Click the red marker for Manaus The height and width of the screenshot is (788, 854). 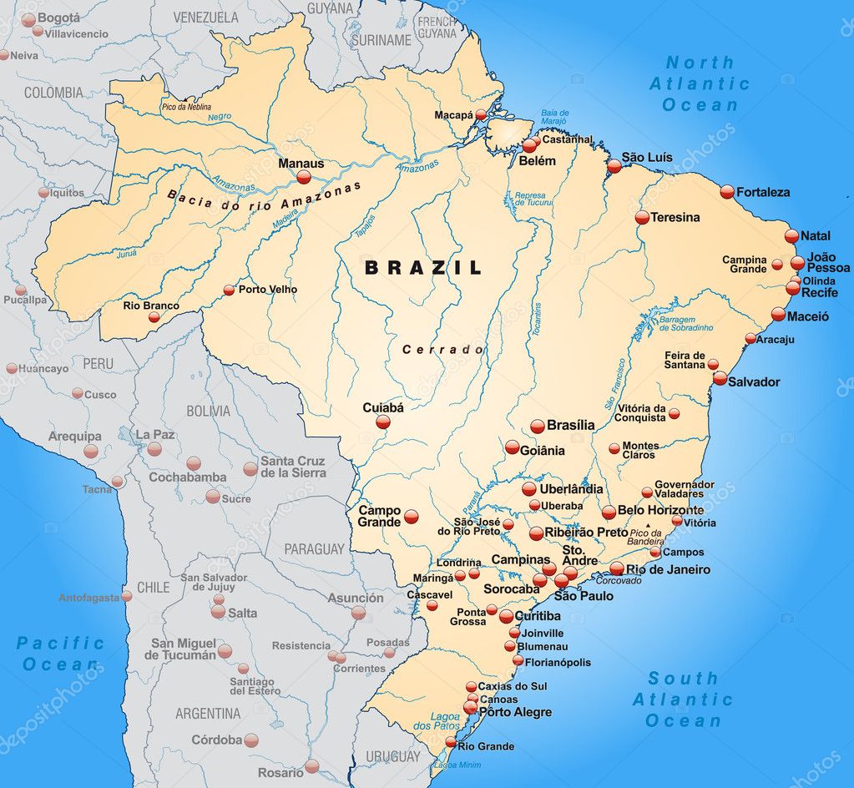(304, 177)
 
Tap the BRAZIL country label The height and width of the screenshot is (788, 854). (423, 268)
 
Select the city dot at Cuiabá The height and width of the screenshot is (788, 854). (382, 422)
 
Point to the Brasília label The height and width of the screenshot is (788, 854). (571, 425)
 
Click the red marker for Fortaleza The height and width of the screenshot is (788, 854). (727, 192)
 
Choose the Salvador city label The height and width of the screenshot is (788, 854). (754, 381)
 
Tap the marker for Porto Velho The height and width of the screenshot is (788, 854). (229, 290)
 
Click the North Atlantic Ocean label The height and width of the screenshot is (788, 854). (700, 83)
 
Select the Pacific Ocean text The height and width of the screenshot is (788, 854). (60, 654)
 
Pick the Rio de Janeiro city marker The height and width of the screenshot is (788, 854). (617, 569)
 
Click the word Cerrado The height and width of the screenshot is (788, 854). (442, 350)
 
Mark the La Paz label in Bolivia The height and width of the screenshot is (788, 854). (154, 435)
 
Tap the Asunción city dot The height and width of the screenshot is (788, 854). (358, 613)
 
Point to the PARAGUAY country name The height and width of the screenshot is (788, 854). (314, 549)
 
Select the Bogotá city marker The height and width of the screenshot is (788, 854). (28, 20)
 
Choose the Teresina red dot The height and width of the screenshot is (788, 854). (642, 217)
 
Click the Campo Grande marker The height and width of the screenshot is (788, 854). (412, 517)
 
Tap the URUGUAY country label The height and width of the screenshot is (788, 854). (392, 757)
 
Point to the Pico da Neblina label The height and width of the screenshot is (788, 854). (186, 107)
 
